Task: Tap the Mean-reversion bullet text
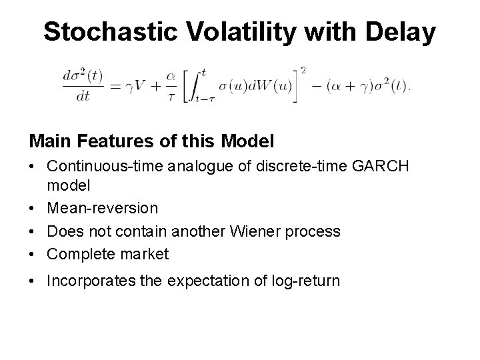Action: point(102,209)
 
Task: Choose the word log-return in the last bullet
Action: point(307,281)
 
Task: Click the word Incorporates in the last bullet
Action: point(88,281)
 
